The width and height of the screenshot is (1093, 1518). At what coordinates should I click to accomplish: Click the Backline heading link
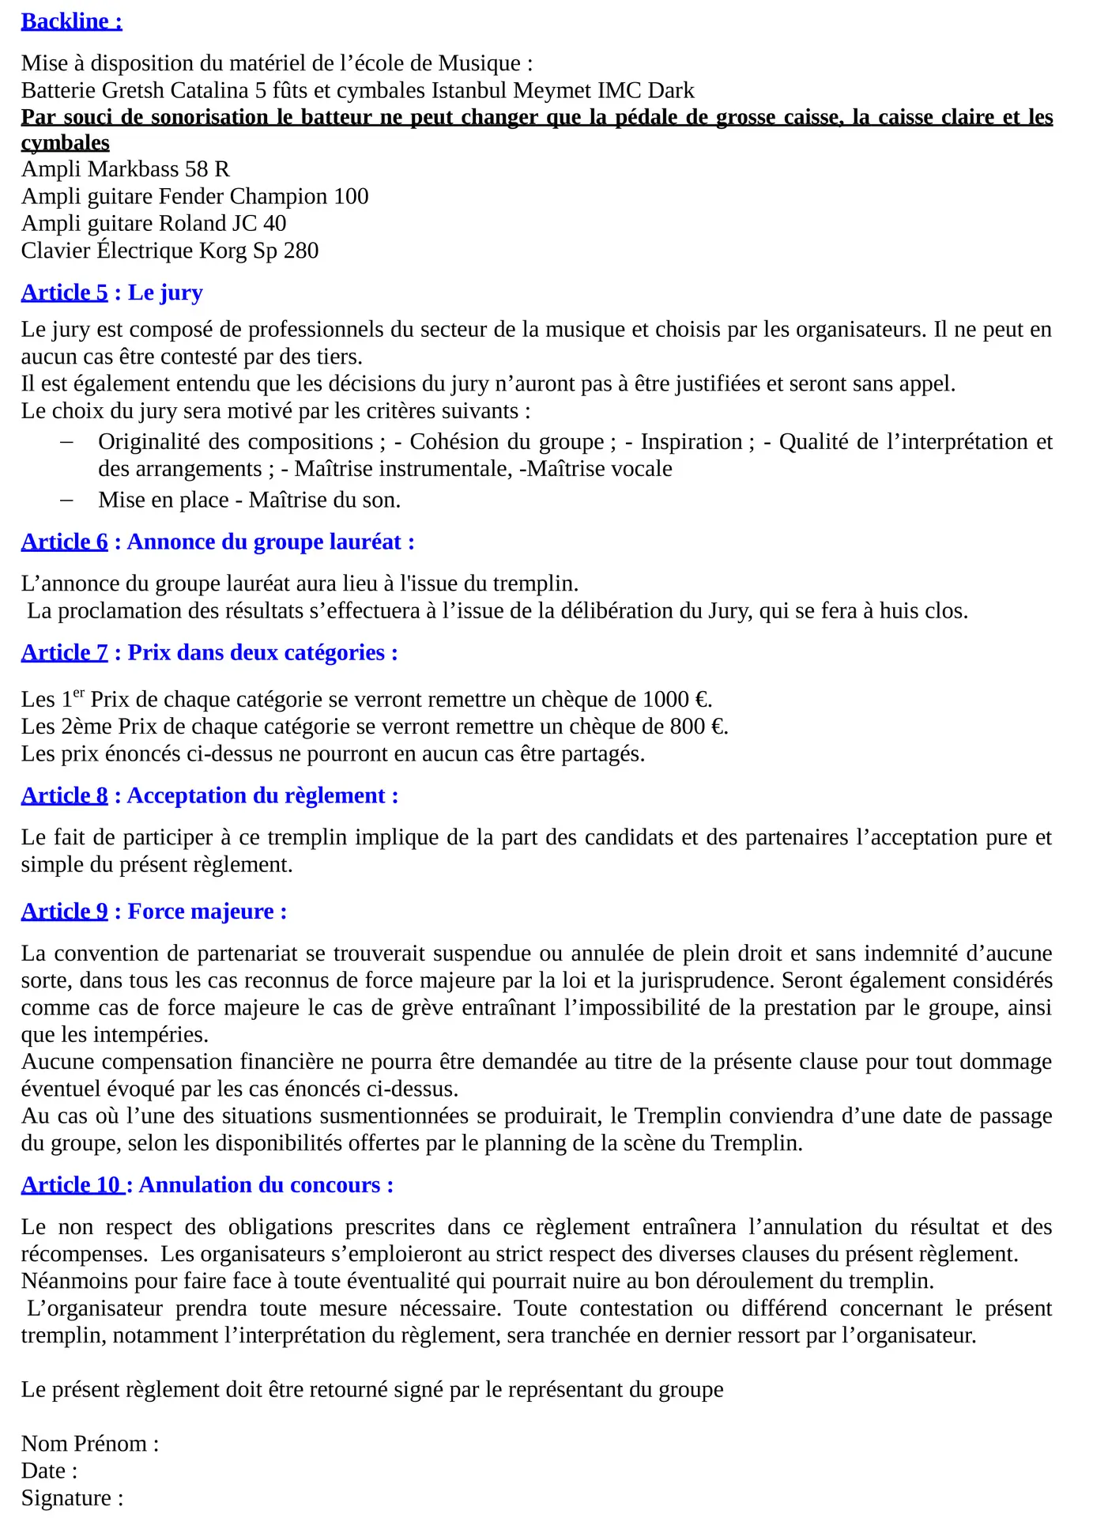71,21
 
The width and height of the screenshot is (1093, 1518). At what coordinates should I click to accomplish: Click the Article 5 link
64,293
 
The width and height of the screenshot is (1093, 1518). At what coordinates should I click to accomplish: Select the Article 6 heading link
64,542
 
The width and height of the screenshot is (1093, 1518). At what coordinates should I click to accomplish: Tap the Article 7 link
64,652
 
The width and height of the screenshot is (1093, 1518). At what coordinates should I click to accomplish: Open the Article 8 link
64,795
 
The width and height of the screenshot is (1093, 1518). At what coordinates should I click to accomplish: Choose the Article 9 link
64,912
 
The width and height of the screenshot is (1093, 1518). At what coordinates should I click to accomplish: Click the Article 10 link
71,1185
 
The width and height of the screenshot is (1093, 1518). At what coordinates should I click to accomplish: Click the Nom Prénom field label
89,1444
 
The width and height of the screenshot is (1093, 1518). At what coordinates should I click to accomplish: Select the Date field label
48,1471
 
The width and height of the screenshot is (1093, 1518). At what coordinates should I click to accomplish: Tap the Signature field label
71,1498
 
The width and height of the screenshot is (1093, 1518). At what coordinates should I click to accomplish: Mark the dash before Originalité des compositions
66,442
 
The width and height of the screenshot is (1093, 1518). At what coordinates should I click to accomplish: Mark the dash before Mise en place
66,500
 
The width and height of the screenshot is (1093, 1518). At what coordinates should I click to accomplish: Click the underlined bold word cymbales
65,143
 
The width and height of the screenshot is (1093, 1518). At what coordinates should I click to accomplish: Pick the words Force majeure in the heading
201,912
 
